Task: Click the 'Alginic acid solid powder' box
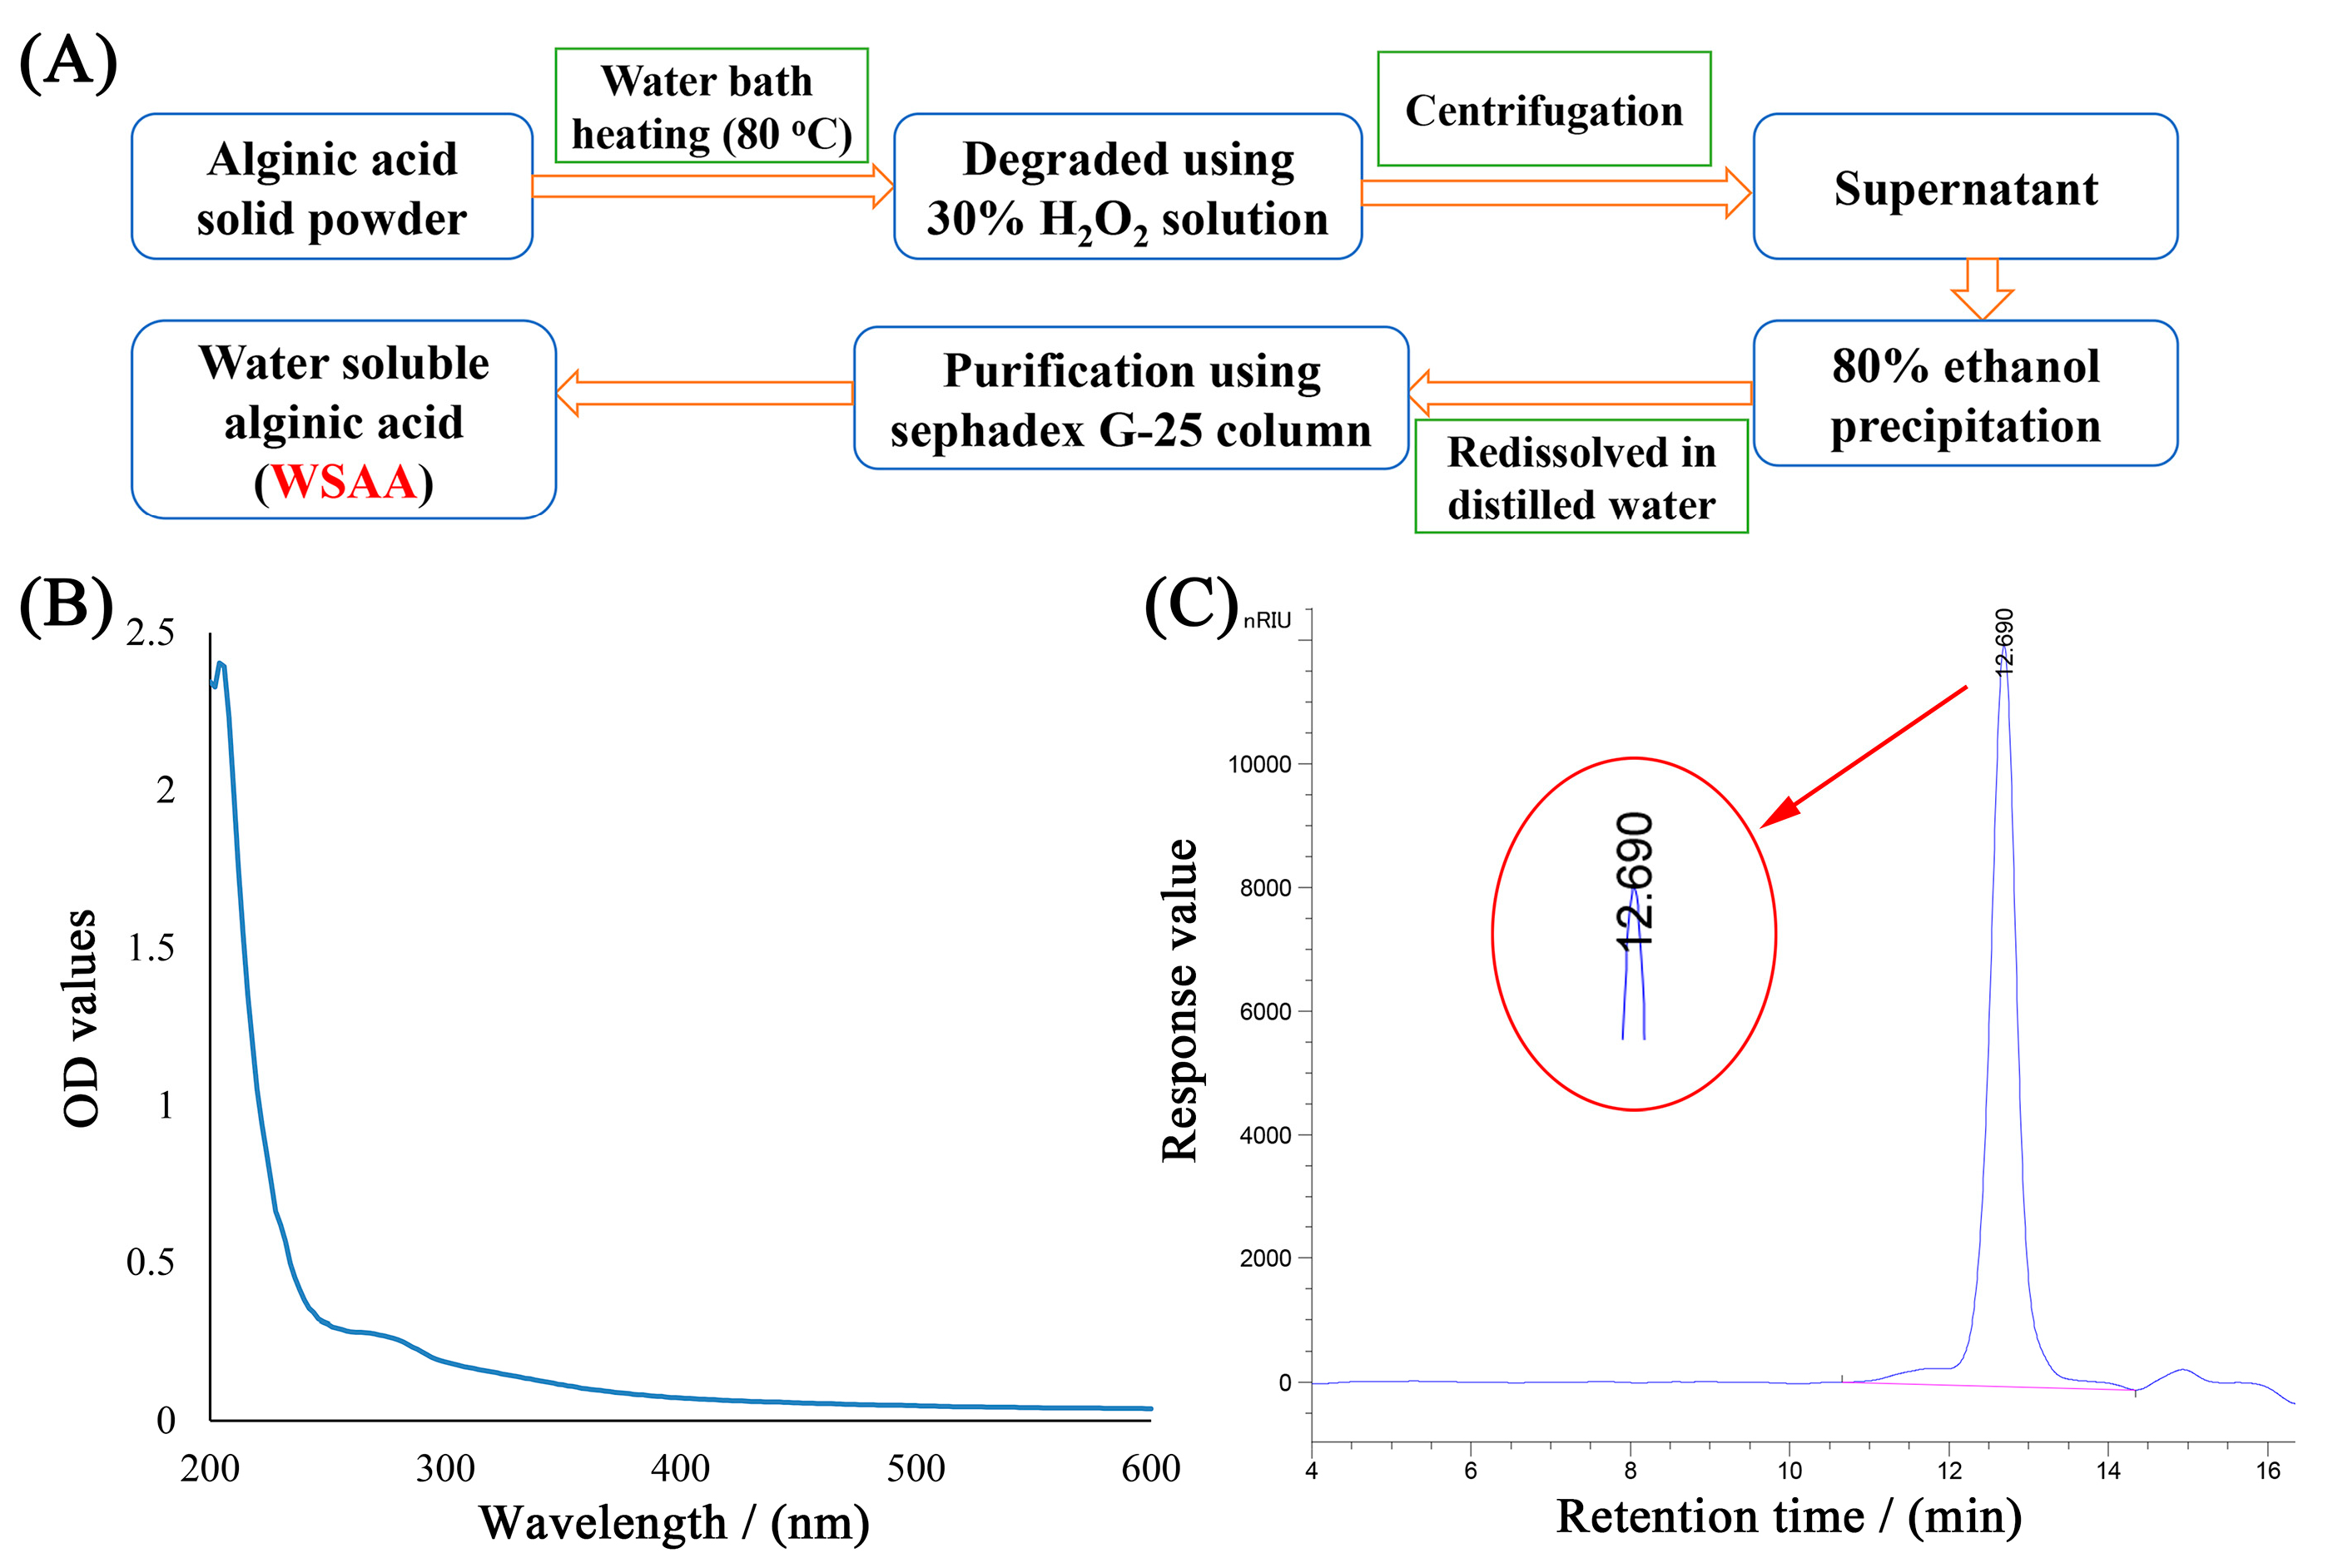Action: [x=331, y=187]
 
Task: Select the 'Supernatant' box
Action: [x=1964, y=187]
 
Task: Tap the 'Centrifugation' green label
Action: [x=1543, y=109]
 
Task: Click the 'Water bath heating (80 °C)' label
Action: [x=711, y=106]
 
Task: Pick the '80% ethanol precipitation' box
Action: [x=1964, y=394]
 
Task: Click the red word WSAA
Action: [x=343, y=482]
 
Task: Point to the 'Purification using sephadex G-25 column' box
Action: [x=1130, y=399]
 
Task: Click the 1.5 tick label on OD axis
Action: [x=150, y=947]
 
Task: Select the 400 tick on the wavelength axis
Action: [x=680, y=1468]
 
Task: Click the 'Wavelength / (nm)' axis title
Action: [x=674, y=1522]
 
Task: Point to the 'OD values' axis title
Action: [x=81, y=1018]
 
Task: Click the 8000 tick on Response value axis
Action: [x=1265, y=888]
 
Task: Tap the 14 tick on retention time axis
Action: [x=2108, y=1470]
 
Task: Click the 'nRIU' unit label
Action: [x=1267, y=621]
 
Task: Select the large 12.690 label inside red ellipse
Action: [x=1635, y=880]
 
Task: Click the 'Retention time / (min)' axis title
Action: [x=1788, y=1516]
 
